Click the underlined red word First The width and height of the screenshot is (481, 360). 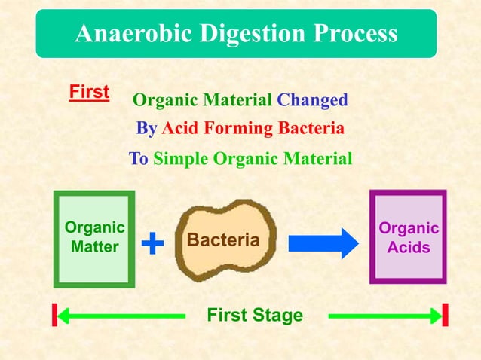tap(89, 93)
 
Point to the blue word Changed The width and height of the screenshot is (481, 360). tap(312, 100)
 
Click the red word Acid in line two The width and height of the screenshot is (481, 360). tap(178, 129)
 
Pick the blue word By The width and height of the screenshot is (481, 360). tap(146, 129)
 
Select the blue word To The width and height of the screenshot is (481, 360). tap(139, 159)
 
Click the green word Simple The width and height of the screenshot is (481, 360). tap(182, 159)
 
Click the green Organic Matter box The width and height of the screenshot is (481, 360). tap(94, 238)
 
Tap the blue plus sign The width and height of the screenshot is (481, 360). tap(152, 243)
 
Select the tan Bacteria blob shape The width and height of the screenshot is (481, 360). tap(224, 239)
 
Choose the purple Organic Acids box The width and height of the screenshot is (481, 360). tap(408, 237)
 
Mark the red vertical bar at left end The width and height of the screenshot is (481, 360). tap(54, 315)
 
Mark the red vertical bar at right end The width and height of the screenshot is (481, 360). tap(446, 315)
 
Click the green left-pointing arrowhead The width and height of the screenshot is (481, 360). tap(65, 315)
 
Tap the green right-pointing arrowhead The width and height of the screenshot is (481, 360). tap(435, 315)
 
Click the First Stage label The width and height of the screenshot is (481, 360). tap(255, 315)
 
